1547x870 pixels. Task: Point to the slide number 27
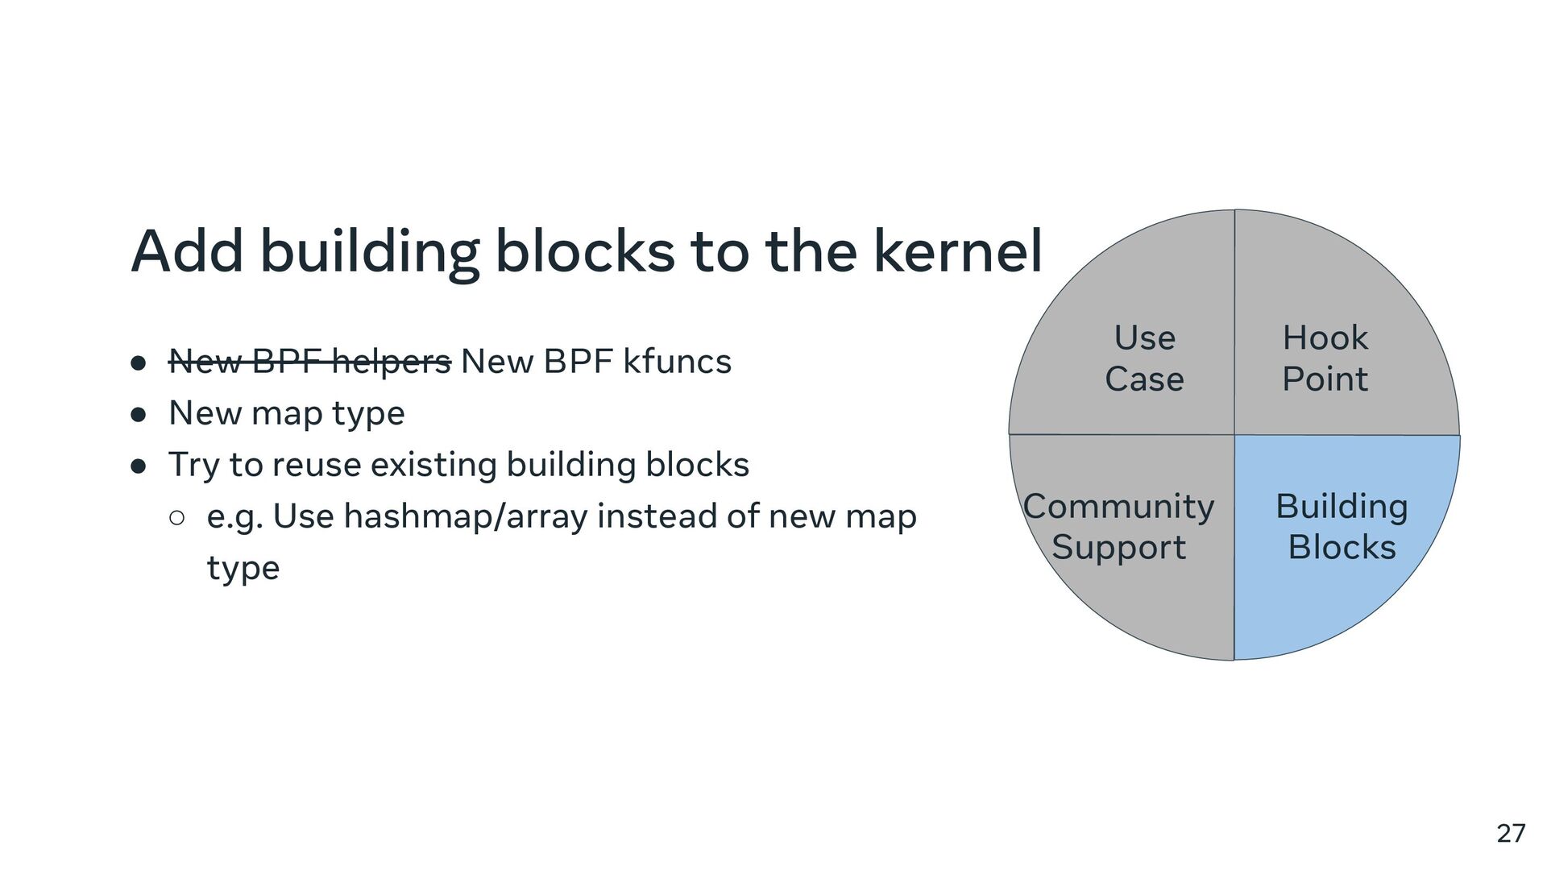pyautogui.click(x=1511, y=833)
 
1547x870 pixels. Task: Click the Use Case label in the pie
pyautogui.click(x=1144, y=358)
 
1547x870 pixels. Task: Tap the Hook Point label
pyautogui.click(x=1325, y=358)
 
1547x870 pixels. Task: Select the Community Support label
pyautogui.click(x=1118, y=526)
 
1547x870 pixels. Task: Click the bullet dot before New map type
pyautogui.click(x=138, y=415)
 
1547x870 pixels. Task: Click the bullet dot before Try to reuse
pyautogui.click(x=138, y=466)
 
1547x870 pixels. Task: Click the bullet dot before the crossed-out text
pyautogui.click(x=138, y=363)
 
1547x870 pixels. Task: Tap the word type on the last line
pyautogui.click(x=243, y=569)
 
